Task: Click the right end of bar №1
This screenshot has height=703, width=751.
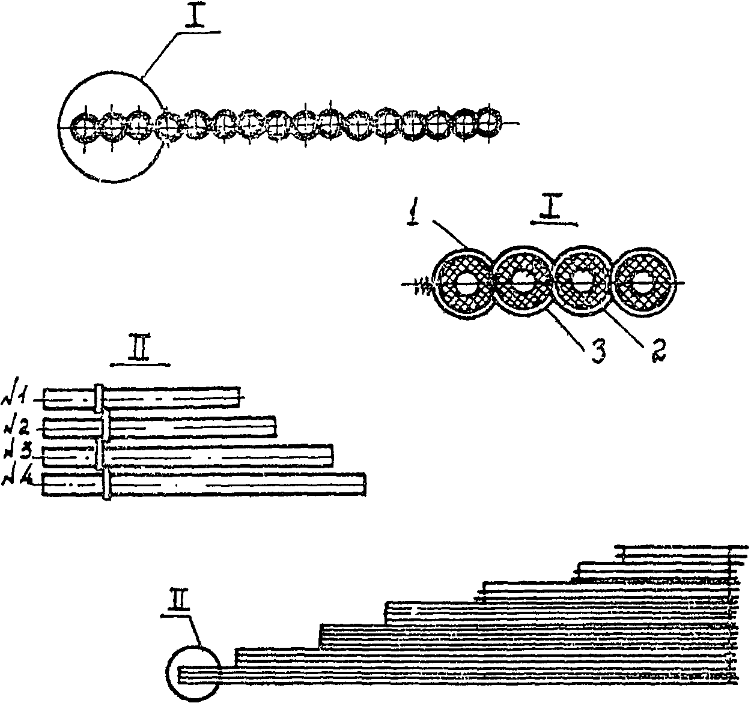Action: (x=239, y=397)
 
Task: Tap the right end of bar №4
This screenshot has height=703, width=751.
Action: (x=364, y=484)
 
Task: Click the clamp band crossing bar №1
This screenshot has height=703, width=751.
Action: (x=100, y=397)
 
